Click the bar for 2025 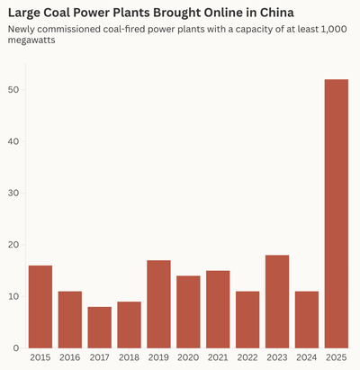336,213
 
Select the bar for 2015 40,306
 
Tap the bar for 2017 100,327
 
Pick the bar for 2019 158,303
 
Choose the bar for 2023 277,301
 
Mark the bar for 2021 218,309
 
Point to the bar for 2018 129,324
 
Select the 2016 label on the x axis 70,358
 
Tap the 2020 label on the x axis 188,358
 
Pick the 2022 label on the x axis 247,358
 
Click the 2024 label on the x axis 307,358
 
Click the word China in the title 298,13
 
